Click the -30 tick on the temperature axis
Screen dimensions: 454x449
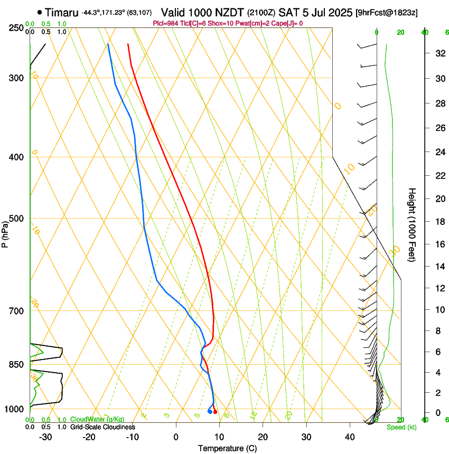(x=45, y=437)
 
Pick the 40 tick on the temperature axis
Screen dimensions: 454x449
(x=350, y=437)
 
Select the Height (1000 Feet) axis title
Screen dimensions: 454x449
(x=412, y=225)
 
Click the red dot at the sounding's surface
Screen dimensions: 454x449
(x=215, y=412)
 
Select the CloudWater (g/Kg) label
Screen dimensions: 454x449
(x=97, y=419)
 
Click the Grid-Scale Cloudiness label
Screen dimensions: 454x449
(x=102, y=427)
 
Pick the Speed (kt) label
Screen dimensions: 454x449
(x=401, y=427)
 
